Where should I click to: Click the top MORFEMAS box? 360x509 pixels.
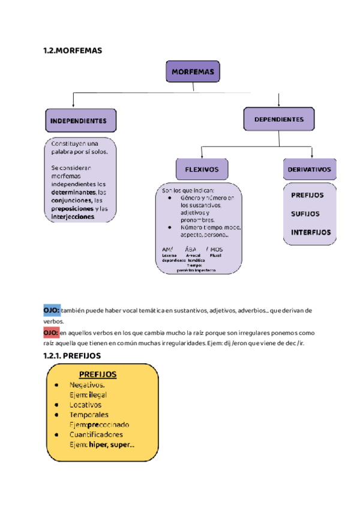(x=193, y=71)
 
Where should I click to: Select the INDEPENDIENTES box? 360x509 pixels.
(x=79, y=120)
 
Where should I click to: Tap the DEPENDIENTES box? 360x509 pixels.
(x=278, y=119)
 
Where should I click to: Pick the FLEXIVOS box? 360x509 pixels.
(x=202, y=169)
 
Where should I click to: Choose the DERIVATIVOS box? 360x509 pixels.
(x=309, y=169)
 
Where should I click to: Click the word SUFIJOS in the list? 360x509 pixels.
(x=305, y=214)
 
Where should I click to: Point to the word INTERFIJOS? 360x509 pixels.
(x=311, y=232)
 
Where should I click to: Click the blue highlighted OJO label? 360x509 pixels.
(x=51, y=310)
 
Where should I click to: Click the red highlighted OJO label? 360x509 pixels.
(x=51, y=333)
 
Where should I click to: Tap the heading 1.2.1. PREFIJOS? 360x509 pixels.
(x=76, y=356)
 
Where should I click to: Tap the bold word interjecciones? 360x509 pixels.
(x=73, y=217)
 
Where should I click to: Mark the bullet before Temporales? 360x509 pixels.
(x=56, y=415)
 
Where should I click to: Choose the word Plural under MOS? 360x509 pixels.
(x=216, y=254)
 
